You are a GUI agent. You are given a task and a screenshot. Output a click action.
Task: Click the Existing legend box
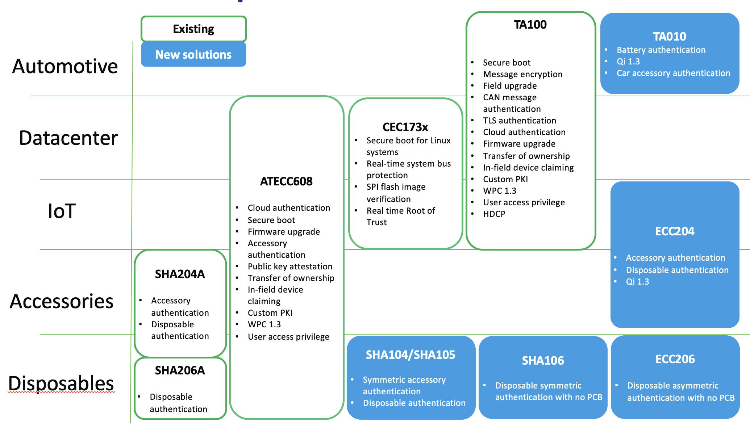click(193, 29)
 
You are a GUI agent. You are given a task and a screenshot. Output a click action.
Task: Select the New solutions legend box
click(193, 55)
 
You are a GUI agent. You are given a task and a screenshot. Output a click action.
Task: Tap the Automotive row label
click(65, 66)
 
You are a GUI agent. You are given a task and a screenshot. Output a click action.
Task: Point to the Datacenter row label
click(68, 138)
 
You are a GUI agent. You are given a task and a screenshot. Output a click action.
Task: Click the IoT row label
click(62, 211)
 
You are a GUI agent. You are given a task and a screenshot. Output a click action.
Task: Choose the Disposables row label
click(61, 383)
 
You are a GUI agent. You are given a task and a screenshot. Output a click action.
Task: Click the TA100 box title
click(530, 25)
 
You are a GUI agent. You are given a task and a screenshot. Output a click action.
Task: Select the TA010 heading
click(669, 37)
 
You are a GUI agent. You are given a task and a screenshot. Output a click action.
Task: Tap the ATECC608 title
click(286, 181)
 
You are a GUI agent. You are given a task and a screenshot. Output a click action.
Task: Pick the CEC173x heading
click(405, 127)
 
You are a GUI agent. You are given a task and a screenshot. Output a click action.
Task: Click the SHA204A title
click(180, 274)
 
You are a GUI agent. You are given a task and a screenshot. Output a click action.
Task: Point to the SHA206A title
click(180, 370)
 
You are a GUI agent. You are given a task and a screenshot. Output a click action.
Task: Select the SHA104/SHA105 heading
click(410, 355)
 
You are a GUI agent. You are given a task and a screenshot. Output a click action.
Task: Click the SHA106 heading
click(543, 361)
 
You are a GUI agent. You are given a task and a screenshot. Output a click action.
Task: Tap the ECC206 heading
click(675, 359)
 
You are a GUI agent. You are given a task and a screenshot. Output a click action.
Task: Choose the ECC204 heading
click(675, 231)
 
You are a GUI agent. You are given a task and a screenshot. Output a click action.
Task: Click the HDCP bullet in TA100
click(494, 214)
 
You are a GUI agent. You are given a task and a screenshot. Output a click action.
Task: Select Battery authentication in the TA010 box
click(661, 50)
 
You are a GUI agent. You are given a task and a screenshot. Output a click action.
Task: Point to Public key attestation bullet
click(290, 267)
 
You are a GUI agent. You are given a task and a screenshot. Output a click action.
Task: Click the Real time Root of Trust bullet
click(400, 217)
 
